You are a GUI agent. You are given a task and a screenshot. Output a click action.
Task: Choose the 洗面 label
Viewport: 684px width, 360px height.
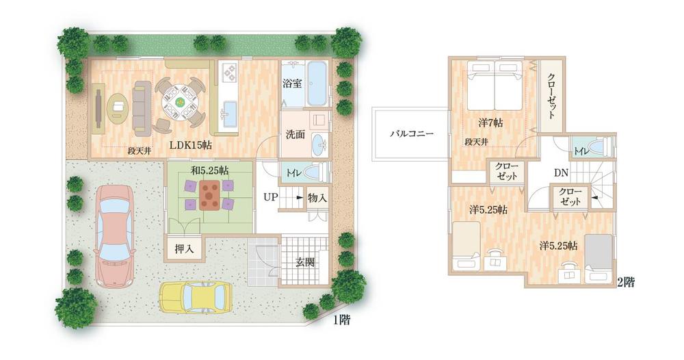[295, 136]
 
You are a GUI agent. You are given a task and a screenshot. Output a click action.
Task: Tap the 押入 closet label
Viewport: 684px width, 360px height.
[184, 249]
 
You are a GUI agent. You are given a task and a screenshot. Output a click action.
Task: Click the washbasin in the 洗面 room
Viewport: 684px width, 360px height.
[319, 144]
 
